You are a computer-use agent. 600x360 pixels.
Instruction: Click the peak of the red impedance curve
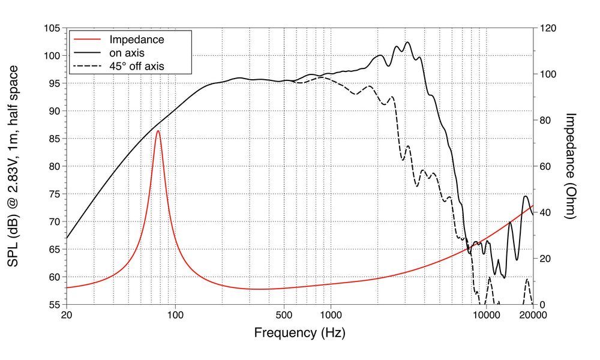click(158, 130)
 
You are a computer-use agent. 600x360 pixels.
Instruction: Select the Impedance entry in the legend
click(136, 40)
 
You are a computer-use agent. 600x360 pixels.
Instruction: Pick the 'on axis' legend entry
click(127, 53)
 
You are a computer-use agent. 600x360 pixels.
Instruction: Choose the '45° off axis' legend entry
click(136, 66)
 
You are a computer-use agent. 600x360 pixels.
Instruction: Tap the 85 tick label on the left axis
click(53, 139)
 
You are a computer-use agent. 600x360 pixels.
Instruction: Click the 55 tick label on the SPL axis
click(53, 305)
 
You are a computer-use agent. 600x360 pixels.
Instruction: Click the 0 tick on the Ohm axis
click(541, 305)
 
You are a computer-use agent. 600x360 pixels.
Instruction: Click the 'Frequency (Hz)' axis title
click(299, 332)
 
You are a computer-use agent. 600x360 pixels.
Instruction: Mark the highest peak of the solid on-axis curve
click(408, 42)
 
